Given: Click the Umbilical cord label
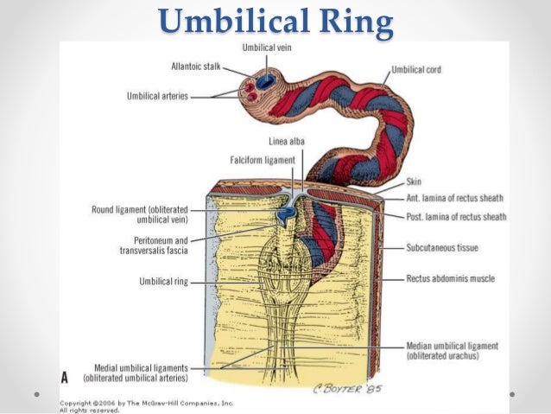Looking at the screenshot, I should click(x=418, y=69).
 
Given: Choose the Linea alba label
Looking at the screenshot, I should click(x=285, y=142).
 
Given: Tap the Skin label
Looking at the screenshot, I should click(x=414, y=183).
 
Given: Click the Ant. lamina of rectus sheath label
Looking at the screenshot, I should click(x=455, y=201).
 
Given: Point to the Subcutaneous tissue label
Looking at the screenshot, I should click(x=442, y=248).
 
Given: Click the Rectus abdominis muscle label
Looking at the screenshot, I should click(x=449, y=279).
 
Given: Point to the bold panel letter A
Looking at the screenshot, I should click(x=65, y=378).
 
